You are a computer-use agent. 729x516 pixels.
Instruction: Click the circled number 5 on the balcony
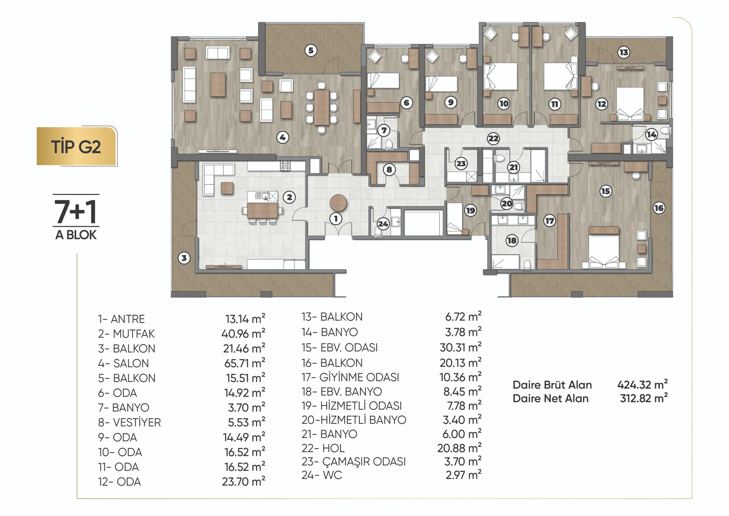click(311, 50)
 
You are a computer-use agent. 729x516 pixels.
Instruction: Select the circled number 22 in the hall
click(493, 138)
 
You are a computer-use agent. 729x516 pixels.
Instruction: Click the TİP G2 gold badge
click(76, 147)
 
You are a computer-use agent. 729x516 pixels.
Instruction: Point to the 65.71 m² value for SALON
click(245, 363)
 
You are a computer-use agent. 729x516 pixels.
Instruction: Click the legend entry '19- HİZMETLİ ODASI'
click(351, 406)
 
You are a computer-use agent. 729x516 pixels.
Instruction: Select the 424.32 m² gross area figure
click(642, 385)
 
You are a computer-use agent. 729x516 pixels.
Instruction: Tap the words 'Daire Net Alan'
click(550, 398)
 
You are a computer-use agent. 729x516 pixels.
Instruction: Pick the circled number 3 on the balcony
click(184, 258)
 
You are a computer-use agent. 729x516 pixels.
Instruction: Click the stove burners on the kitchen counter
click(285, 165)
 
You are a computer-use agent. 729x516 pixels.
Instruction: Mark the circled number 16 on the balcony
click(659, 208)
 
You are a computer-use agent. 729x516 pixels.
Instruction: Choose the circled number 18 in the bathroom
click(511, 240)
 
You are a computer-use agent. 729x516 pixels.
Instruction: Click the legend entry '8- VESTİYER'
click(129, 422)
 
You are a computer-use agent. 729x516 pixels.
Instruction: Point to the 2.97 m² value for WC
click(463, 475)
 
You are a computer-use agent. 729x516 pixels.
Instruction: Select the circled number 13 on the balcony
click(624, 52)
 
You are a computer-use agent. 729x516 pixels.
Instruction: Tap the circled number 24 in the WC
click(383, 224)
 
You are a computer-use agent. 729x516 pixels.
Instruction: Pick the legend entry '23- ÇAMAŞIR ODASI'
click(353, 461)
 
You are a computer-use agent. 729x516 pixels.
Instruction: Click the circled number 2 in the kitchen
click(289, 197)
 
